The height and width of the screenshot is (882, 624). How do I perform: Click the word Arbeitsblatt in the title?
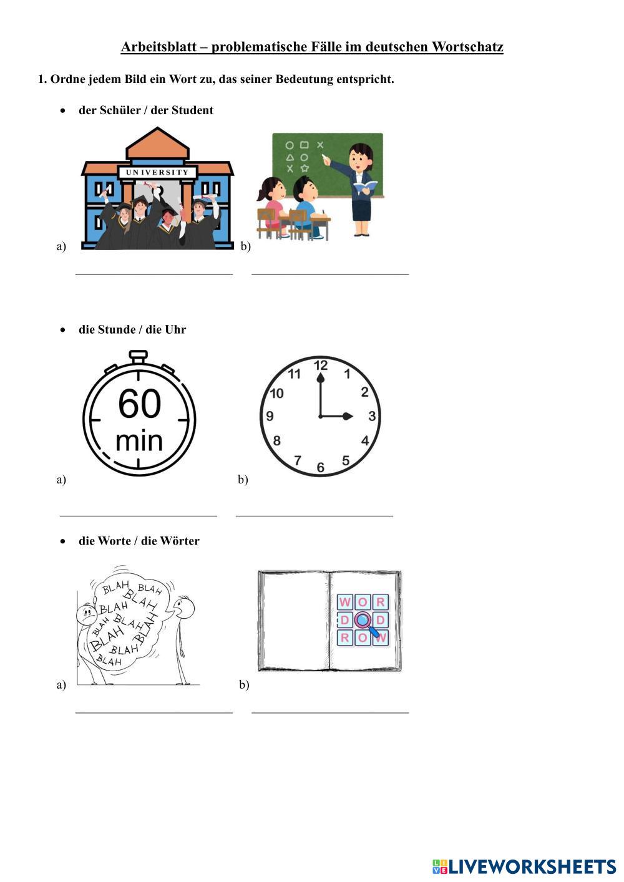(x=158, y=47)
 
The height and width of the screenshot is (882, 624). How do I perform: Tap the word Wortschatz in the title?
(x=467, y=47)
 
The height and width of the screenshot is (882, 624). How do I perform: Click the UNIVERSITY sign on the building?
(x=157, y=172)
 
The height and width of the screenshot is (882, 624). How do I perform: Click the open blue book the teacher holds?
(x=366, y=185)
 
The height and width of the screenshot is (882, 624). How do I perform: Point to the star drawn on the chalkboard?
(x=305, y=168)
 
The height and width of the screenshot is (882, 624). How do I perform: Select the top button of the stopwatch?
(x=139, y=356)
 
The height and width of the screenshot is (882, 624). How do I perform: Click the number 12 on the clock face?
(x=321, y=366)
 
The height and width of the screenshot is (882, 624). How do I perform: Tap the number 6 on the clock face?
(x=321, y=467)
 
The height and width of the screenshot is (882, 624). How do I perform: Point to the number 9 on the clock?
(x=270, y=416)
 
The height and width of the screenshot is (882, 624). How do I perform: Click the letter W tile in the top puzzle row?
(x=344, y=602)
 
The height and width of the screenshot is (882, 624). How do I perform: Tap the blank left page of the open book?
(x=295, y=620)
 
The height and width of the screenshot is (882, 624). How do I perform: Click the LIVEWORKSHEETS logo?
(x=524, y=866)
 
